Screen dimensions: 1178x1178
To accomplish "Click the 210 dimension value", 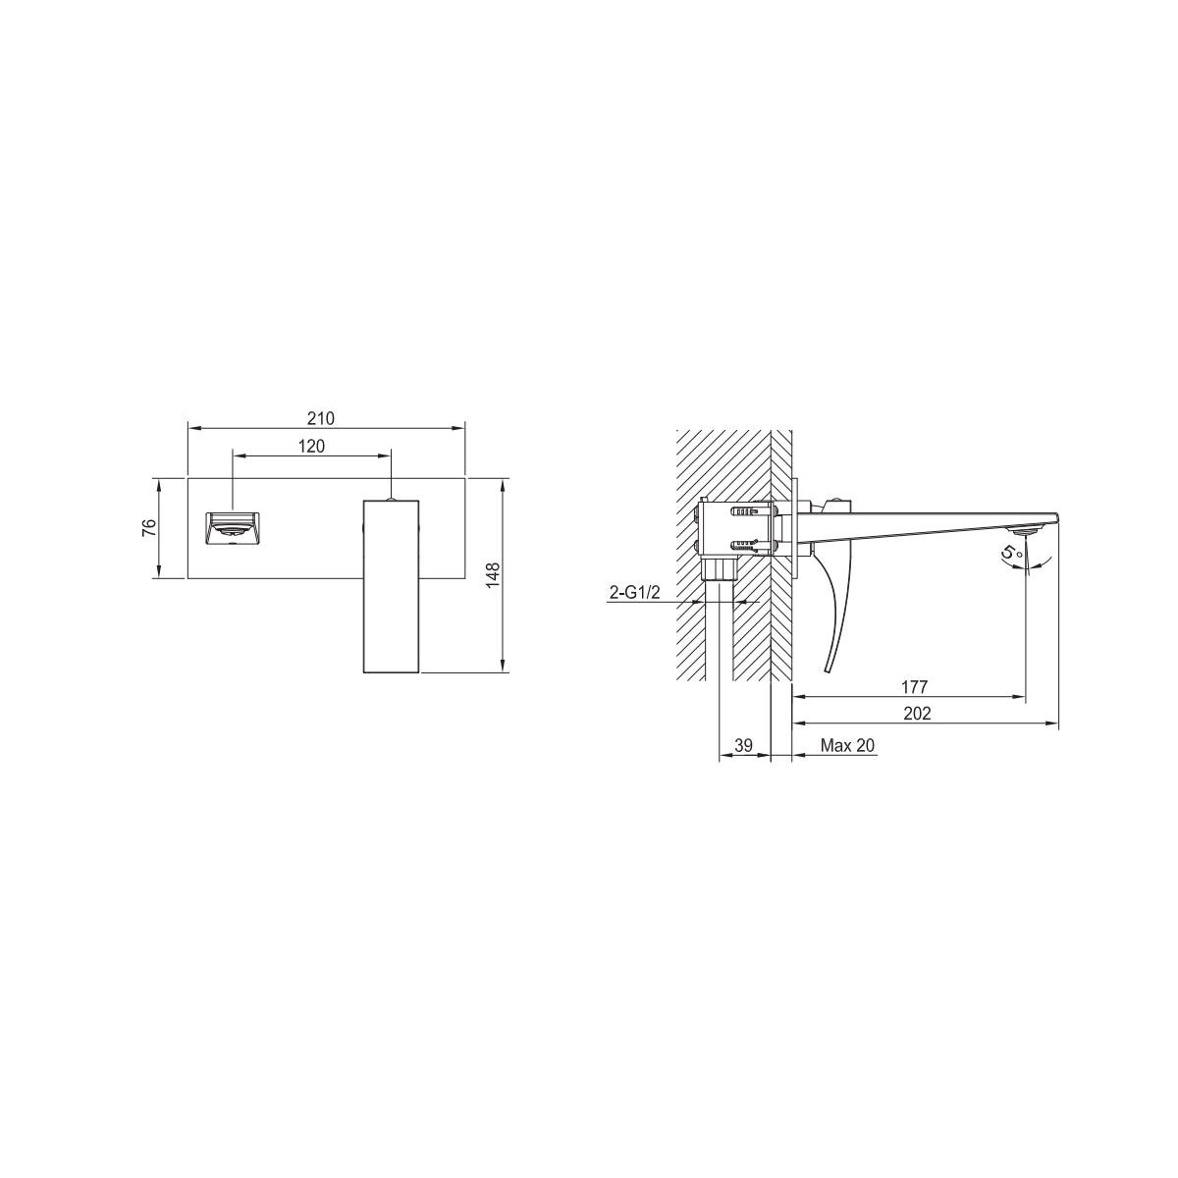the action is point(320,418).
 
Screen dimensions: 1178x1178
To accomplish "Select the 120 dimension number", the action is point(311,447).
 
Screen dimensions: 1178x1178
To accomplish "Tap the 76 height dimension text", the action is point(149,527).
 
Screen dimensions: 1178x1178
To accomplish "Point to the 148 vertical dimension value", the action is point(493,575).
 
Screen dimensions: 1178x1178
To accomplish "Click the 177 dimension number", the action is point(915,686).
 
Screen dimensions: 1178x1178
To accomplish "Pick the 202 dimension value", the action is point(917,713).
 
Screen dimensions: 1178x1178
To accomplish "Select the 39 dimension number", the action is point(743,745).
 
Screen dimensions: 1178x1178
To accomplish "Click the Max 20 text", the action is point(847,745).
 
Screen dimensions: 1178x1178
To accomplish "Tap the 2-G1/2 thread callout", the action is point(634,592).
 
